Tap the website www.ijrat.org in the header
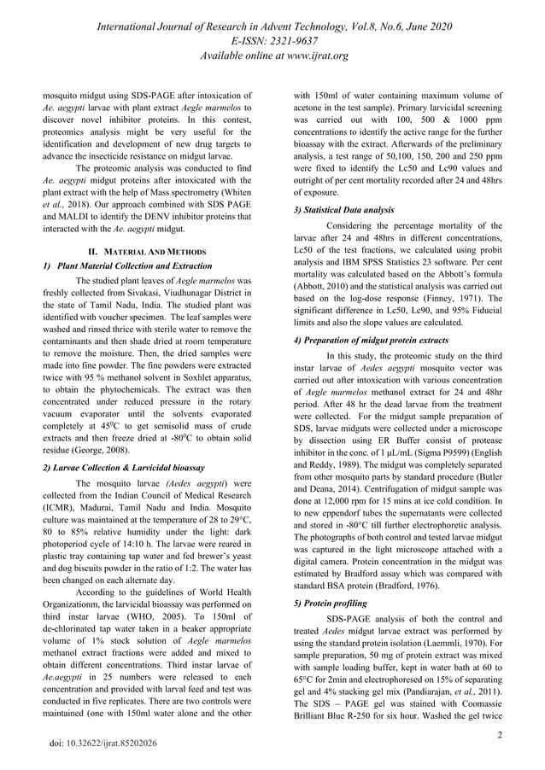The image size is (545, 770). tap(306, 56)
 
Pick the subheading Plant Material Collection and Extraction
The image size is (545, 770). tap(127, 265)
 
